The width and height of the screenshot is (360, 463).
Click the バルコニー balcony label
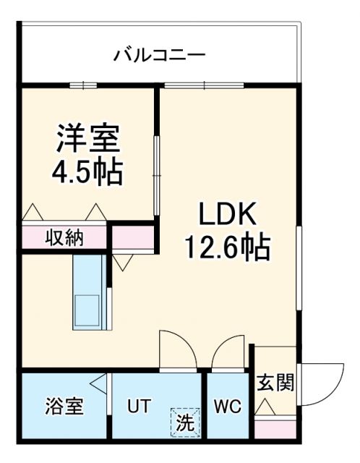click(x=159, y=55)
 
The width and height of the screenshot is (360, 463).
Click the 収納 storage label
click(x=64, y=237)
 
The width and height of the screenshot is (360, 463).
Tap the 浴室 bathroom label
click(x=64, y=405)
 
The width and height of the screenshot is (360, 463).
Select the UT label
click(x=140, y=405)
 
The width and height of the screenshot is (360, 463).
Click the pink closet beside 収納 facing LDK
click(x=133, y=237)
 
